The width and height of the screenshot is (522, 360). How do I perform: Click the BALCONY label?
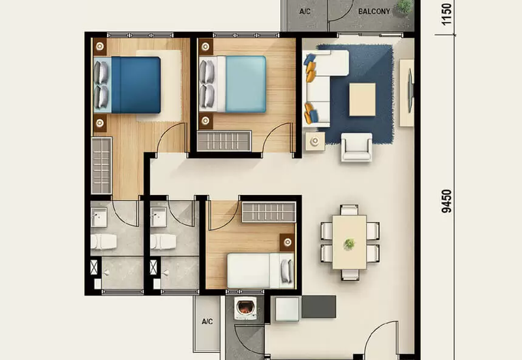[x=374, y=11]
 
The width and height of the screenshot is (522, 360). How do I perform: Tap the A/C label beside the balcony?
[x=305, y=12]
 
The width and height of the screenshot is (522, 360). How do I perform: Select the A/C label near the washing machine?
[x=207, y=322]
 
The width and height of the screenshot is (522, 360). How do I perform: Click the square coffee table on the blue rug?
[x=362, y=99]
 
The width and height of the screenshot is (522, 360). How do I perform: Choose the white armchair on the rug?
[x=356, y=147]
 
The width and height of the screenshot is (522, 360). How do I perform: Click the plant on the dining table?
[x=350, y=243]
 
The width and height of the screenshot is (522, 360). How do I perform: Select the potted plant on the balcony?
[x=405, y=7]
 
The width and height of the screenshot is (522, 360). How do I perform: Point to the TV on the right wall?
[x=410, y=91]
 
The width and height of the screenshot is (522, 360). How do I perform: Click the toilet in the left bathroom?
[x=104, y=242]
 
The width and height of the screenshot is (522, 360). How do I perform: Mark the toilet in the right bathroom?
[x=163, y=242]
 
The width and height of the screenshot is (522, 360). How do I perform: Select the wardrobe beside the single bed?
[x=268, y=211]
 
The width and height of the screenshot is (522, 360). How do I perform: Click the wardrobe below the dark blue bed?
[x=101, y=165]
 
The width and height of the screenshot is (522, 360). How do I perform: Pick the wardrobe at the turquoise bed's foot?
[x=224, y=140]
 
